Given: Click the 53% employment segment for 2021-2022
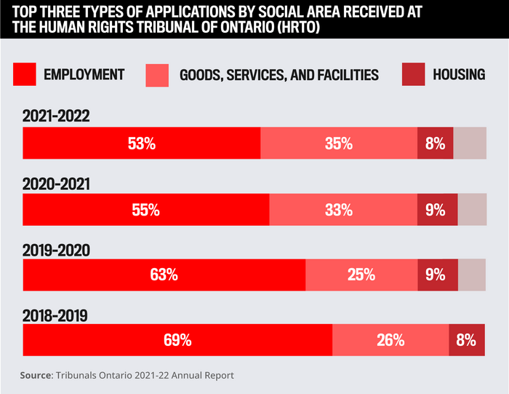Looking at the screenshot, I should [141, 143].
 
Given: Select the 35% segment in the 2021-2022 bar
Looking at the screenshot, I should [339, 143].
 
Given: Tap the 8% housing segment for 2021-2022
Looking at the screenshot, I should [436, 143].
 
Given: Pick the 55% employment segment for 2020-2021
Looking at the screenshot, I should [145, 210].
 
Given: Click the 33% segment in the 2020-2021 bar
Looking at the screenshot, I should [343, 210].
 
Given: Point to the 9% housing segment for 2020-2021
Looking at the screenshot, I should [437, 210].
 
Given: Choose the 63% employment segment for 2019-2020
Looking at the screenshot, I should [164, 275].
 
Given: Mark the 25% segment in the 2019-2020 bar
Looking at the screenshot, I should [361, 275].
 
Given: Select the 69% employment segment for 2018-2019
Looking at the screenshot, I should [177, 339].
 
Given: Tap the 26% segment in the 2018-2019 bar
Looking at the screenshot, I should [390, 339].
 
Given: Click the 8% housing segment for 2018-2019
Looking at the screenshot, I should [467, 339].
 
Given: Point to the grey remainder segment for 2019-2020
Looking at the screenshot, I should [473, 275].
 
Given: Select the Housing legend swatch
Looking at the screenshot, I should [412, 74].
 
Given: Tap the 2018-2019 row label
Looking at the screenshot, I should [55, 316].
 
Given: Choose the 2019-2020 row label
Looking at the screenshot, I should [56, 251].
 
